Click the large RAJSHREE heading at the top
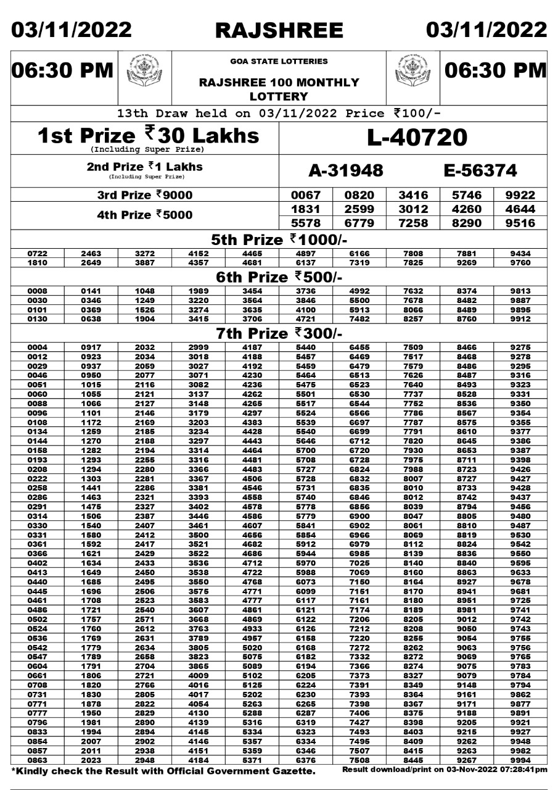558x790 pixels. pos(279,30)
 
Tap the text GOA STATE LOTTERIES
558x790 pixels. pos(279,62)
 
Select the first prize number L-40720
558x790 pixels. pos(417,138)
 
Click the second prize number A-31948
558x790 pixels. pos(345,171)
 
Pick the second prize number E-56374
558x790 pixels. pos(480,171)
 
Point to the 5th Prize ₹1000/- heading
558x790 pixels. pos(279,239)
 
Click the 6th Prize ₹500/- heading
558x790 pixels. pos(279,278)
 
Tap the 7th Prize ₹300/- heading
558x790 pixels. pos(279,334)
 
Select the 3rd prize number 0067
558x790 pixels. pos(306,196)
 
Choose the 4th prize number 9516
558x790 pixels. pos(520,223)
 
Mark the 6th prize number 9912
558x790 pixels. pos(520,318)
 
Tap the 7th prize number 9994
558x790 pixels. pos(520,760)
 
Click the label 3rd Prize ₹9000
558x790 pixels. pos(145,196)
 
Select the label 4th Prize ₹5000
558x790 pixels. pos(145,215)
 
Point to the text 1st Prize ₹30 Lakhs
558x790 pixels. pos(148,135)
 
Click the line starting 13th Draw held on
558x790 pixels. pos(279,114)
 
